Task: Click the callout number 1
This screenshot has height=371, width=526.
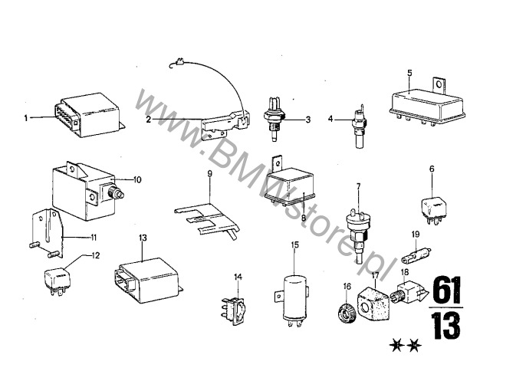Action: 26,118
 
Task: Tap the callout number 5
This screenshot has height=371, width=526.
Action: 409,73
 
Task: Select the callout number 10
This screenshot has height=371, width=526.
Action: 137,179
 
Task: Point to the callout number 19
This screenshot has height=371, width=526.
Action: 416,234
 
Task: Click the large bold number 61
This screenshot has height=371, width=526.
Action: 447,290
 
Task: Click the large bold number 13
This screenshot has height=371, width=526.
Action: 447,325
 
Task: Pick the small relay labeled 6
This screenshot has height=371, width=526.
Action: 434,210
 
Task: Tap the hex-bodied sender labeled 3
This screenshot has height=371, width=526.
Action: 275,118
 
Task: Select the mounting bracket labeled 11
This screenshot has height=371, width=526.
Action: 46,233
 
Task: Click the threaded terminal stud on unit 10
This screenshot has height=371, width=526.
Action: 117,194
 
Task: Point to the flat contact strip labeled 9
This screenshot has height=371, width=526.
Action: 208,221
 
